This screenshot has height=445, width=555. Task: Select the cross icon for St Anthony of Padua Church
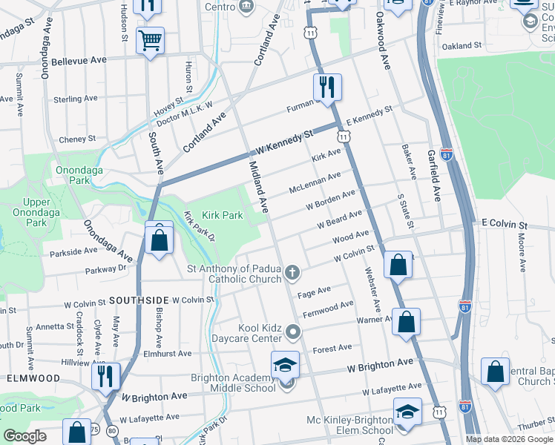[x=292, y=274]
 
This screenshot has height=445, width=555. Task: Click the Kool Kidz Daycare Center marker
[x=292, y=331]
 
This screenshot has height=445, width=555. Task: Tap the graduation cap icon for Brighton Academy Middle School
[x=285, y=365]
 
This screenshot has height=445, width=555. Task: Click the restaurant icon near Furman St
[x=326, y=88]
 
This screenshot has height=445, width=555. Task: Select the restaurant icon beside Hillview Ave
[x=106, y=375]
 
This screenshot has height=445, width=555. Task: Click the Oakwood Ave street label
[x=384, y=42]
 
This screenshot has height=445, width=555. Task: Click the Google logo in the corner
[x=24, y=436]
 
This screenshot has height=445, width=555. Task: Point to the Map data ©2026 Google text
[x=509, y=439]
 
